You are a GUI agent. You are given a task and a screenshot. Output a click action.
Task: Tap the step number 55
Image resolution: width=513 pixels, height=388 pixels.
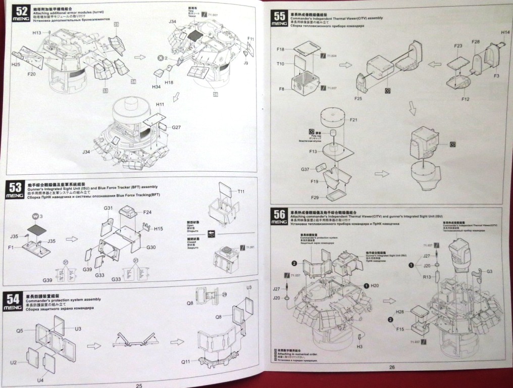[278, 16]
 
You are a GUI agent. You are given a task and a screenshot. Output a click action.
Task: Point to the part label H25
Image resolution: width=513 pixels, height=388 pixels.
[15, 65]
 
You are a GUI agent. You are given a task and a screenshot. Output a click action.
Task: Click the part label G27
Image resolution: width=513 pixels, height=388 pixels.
[176, 127]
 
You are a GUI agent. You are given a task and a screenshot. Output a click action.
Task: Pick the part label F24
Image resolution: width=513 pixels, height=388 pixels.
[147, 212]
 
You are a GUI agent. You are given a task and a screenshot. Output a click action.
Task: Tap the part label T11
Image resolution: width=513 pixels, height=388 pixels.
[241, 191]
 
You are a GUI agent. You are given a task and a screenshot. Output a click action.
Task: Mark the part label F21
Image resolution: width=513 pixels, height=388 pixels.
[353, 120]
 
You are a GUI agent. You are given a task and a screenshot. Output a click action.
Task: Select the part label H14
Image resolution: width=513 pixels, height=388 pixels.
[505, 33]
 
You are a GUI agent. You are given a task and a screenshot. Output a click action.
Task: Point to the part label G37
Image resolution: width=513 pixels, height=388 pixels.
[305, 169]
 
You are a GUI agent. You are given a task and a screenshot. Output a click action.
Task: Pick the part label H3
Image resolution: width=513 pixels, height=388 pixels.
[359, 347]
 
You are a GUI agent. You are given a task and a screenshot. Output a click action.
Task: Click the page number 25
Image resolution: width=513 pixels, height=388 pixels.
[139, 384]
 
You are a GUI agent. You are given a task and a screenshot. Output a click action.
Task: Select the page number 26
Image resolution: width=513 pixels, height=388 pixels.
[392, 367]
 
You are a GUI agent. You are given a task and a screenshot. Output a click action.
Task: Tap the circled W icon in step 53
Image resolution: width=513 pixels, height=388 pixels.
[35, 216]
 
